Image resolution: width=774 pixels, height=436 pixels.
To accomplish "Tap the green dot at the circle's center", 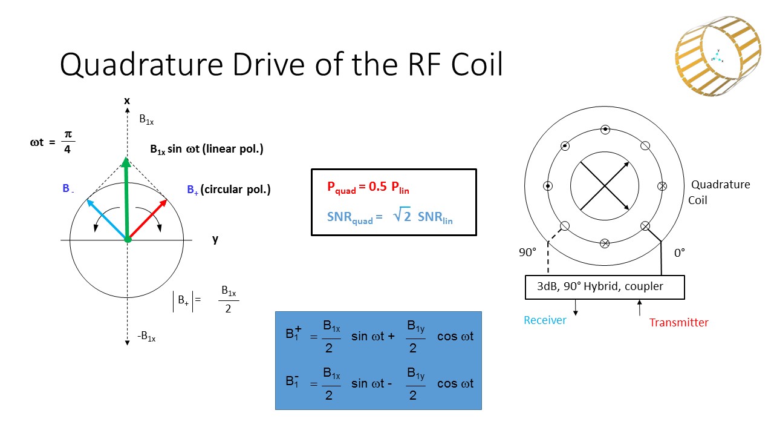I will point(128,240).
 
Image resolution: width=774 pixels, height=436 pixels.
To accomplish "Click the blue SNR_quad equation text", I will point(390,217).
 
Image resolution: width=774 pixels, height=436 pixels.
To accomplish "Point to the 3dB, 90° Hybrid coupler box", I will point(604,287).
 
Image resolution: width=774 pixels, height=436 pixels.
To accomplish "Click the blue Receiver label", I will point(545,320).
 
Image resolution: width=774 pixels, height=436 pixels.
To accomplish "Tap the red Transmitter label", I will point(678,322).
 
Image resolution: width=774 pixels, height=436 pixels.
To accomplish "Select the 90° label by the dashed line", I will point(528,253).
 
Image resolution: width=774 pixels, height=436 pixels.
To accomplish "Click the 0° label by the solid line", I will point(679,253).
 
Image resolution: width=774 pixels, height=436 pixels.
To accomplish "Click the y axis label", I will point(215,239).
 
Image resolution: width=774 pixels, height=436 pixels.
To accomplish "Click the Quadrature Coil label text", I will point(719,192).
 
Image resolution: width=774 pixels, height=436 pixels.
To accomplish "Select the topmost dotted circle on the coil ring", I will point(605,129).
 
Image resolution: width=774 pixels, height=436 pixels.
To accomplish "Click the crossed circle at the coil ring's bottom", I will point(604,243).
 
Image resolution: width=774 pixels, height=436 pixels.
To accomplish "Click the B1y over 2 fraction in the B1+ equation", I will point(414,337).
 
